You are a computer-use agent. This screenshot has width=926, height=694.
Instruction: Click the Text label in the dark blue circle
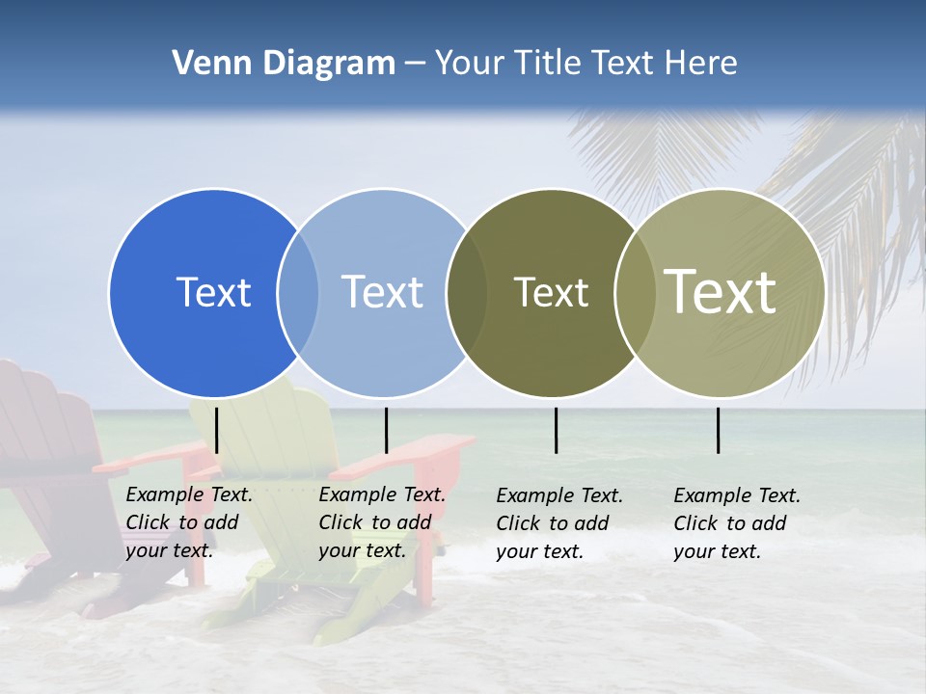[213, 292]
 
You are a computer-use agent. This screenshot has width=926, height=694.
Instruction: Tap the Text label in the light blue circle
[382, 292]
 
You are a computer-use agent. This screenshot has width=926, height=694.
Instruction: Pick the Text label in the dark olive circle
[551, 292]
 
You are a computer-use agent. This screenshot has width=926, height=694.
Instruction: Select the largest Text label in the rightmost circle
[721, 292]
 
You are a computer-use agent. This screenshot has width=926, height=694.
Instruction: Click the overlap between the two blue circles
[298, 292]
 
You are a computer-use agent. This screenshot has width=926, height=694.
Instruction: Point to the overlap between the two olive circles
[634, 292]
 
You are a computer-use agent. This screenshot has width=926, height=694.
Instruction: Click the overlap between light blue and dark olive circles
[467, 292]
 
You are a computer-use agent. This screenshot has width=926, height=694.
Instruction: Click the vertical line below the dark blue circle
[217, 430]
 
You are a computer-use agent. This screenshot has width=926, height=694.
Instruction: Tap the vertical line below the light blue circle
[386, 430]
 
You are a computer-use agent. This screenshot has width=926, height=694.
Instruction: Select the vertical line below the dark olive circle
[556, 430]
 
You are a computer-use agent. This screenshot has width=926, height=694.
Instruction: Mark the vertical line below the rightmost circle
[718, 430]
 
